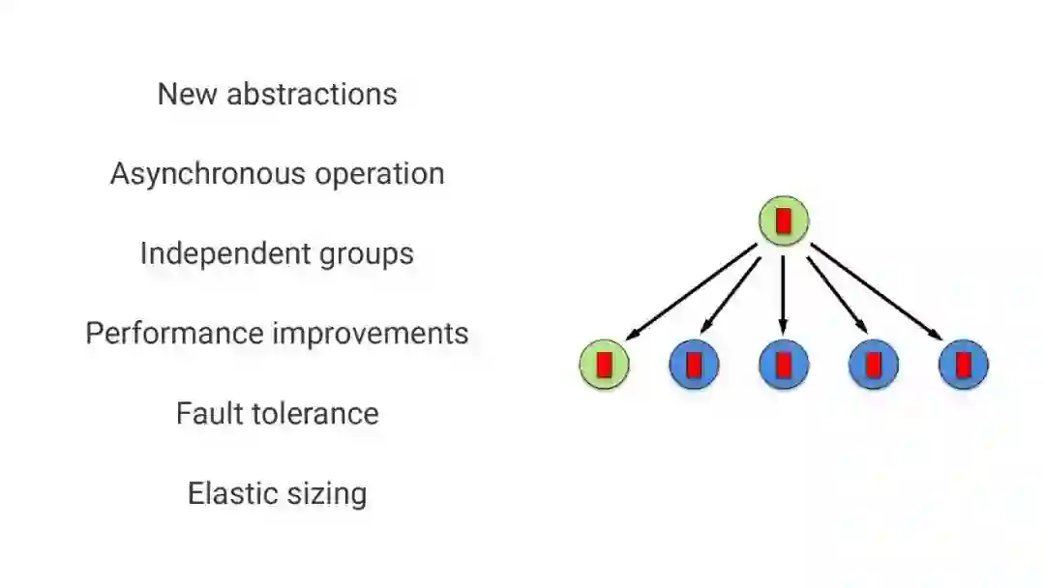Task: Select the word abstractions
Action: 312,94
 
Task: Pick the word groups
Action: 366,254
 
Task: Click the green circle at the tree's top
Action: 784,220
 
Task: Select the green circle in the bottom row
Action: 605,365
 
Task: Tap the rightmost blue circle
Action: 964,365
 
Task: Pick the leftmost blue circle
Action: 694,365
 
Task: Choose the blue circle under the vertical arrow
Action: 784,365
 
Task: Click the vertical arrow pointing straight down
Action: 784,295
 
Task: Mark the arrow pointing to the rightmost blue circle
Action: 877,292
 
